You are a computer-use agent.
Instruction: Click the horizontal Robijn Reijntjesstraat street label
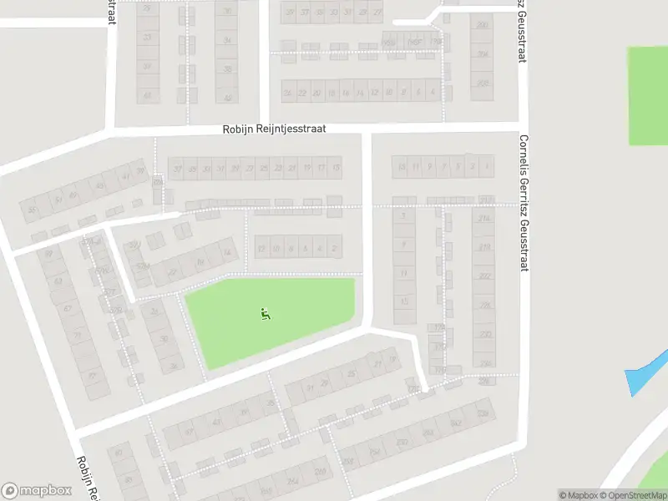point(274,129)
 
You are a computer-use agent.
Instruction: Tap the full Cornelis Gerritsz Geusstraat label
point(524,197)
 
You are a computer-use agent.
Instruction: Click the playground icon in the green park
point(266,314)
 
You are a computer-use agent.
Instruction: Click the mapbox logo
point(36,490)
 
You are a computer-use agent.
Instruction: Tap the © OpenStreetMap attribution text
point(632,495)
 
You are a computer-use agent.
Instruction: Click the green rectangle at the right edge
point(648,95)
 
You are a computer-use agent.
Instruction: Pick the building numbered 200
point(482,25)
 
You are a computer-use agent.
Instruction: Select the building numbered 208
point(482,83)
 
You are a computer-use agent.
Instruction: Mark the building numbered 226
point(484,305)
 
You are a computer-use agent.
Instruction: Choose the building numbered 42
point(227,97)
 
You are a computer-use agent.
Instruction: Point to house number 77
point(78,337)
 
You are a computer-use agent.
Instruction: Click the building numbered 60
point(118,453)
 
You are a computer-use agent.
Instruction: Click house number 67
point(68,308)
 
